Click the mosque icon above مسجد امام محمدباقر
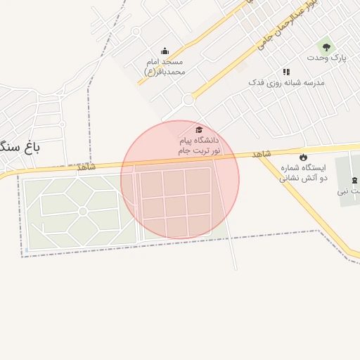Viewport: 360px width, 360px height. [165, 51]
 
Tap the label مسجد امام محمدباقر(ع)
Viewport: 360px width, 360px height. [165, 67]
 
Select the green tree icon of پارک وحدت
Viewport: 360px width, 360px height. [325, 46]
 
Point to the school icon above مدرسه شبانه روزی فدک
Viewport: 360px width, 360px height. [286, 72]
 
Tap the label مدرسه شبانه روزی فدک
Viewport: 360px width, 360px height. [286, 83]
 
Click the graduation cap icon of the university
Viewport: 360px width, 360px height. [199, 130]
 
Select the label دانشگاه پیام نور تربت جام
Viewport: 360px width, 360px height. [199, 146]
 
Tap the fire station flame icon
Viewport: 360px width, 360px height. [304, 157]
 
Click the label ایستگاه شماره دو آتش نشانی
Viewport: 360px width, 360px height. [304, 173]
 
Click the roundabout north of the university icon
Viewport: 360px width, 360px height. [188, 101]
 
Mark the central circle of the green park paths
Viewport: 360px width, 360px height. [83, 211]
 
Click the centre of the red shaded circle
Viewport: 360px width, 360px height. [180, 180]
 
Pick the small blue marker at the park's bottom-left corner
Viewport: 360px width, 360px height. [27, 249]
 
